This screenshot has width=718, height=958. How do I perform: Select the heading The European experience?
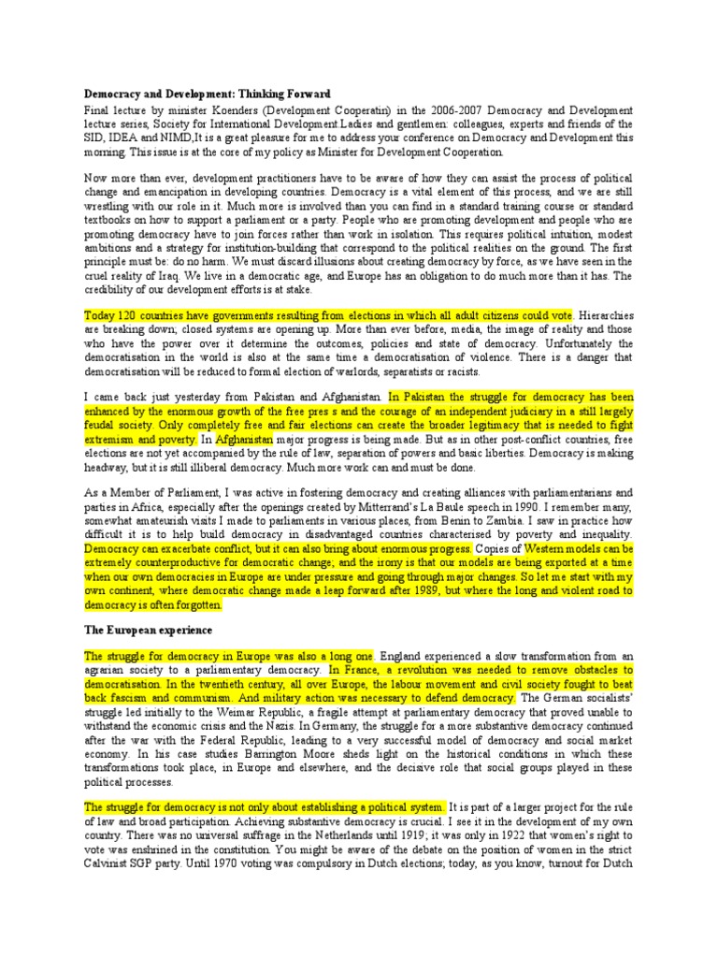point(149,630)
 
